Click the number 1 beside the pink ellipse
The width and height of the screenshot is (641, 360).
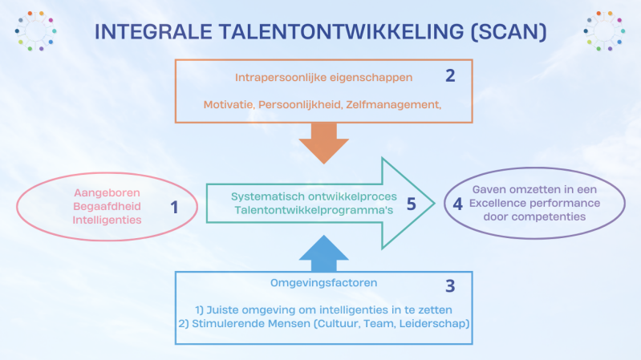tap(175, 207)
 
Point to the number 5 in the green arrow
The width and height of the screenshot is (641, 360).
tap(411, 204)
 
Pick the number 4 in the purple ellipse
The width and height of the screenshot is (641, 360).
tap(457, 204)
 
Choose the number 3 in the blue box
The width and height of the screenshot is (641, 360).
tap(450, 285)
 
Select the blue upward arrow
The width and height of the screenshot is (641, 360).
tap(323, 252)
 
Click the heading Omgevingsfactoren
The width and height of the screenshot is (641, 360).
tap(323, 282)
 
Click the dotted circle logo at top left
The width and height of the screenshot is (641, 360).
tap(34, 31)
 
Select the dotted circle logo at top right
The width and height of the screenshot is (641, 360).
tap(604, 31)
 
